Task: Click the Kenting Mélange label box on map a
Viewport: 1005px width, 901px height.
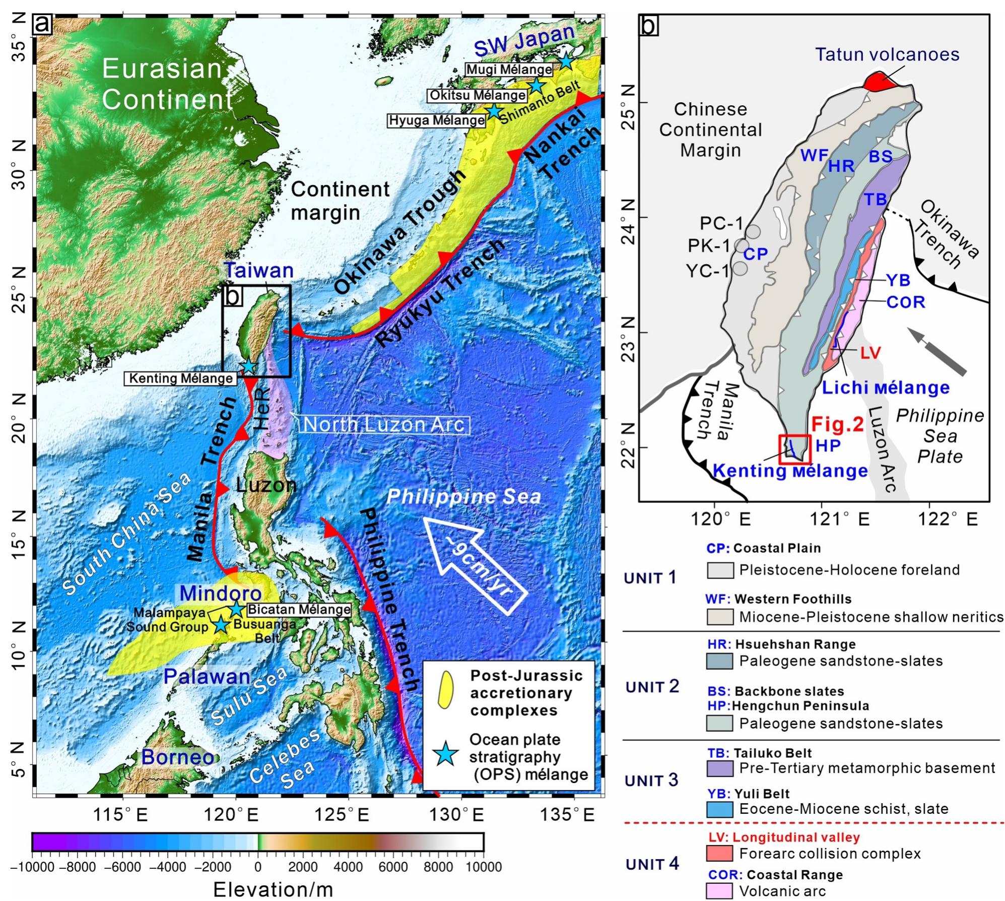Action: tap(181, 378)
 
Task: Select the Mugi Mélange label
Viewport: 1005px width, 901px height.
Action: tap(509, 70)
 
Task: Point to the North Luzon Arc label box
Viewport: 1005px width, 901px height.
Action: tap(385, 425)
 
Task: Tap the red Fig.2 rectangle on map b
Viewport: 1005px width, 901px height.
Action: tap(794, 449)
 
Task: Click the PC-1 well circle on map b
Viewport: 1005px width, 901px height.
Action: tap(753, 231)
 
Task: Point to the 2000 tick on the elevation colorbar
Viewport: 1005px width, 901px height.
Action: tap(303, 866)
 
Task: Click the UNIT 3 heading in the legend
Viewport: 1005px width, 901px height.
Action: tap(651, 781)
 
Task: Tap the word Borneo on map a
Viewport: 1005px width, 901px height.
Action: tap(177, 757)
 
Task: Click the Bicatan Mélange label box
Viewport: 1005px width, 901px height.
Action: tap(299, 609)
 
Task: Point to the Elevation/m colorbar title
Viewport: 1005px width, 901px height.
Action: tap(273, 889)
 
